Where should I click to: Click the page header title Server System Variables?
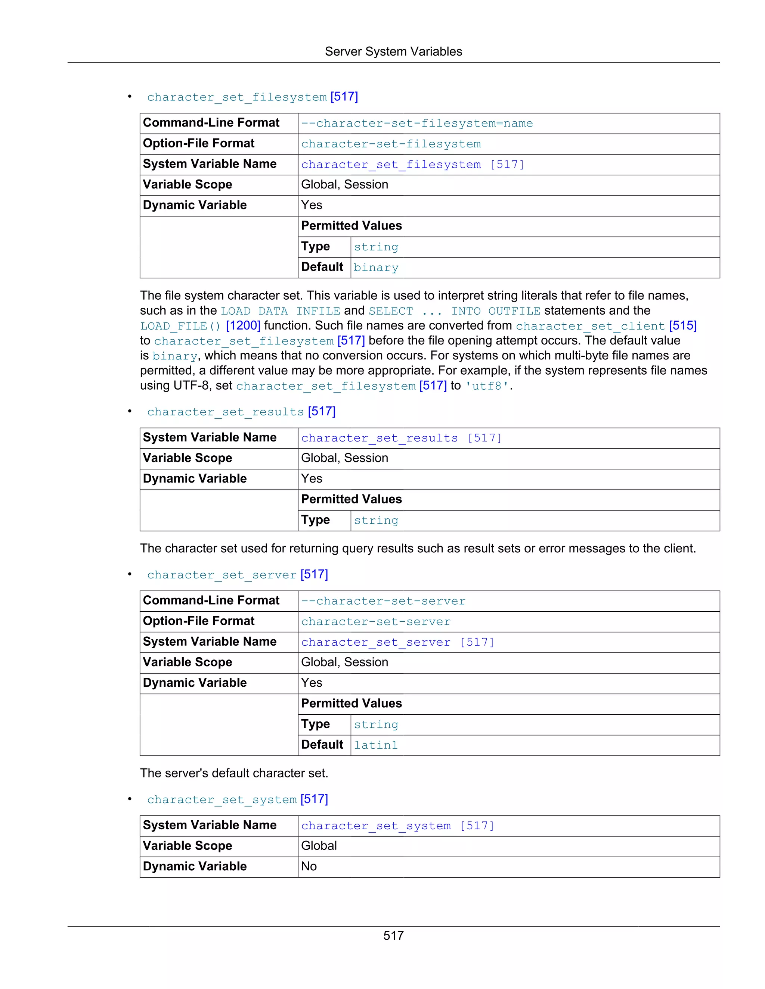(393, 52)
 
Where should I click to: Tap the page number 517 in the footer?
(393, 936)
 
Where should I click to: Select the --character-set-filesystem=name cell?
(417, 124)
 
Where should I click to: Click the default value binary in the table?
(376, 268)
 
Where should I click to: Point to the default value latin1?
(376, 745)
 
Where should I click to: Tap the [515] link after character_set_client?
(682, 325)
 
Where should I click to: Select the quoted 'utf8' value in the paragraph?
(487, 386)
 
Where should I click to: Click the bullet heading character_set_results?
(226, 412)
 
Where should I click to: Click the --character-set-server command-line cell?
(383, 601)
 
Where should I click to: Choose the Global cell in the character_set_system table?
(319, 846)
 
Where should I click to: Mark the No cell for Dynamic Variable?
(309, 866)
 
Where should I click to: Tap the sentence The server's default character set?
(234, 773)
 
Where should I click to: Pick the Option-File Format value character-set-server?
(376, 622)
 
